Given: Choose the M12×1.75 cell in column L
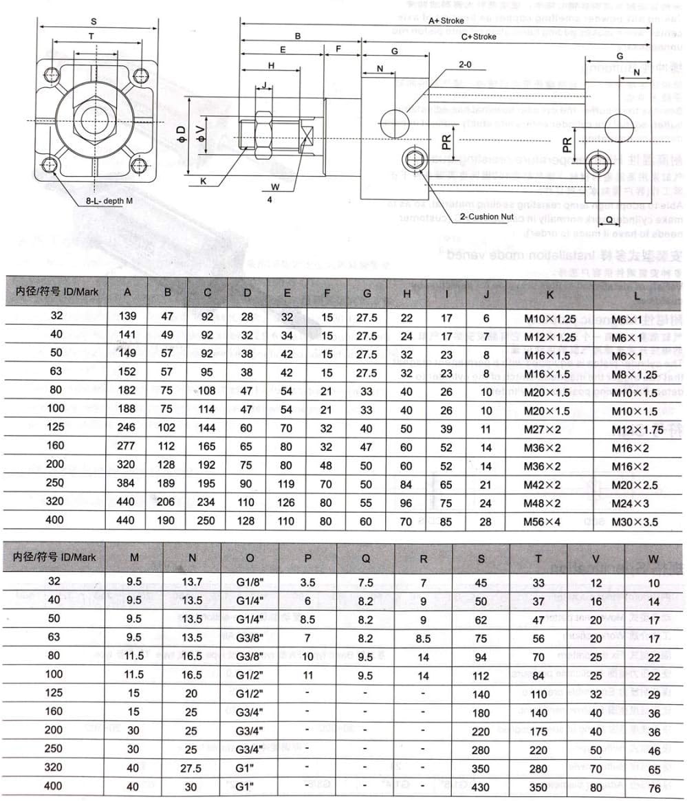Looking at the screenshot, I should [639, 428].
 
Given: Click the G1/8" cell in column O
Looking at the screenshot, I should [250, 583].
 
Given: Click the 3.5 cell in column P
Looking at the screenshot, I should [307, 583].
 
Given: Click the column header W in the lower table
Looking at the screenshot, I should [653, 558].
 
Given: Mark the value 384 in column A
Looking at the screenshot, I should [128, 484].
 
